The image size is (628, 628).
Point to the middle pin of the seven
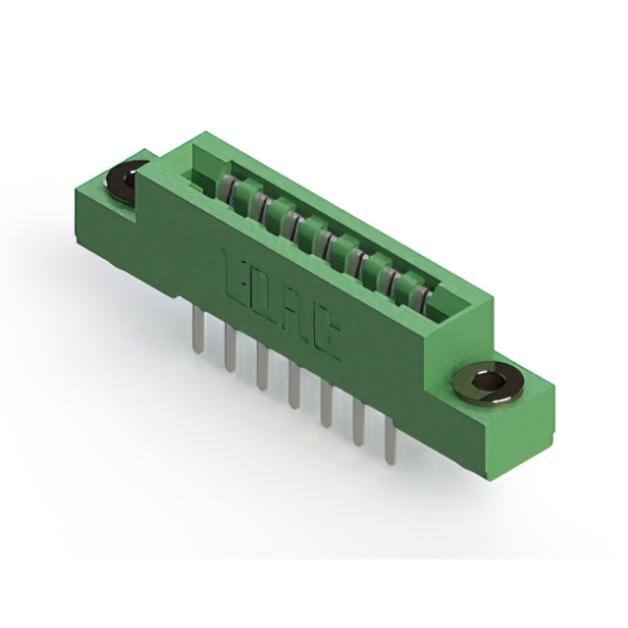point(294,387)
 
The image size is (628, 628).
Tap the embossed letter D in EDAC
point(267,293)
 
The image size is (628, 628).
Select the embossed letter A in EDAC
point(298,315)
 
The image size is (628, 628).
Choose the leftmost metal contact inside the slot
point(228,188)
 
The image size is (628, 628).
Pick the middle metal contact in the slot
point(320,237)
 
